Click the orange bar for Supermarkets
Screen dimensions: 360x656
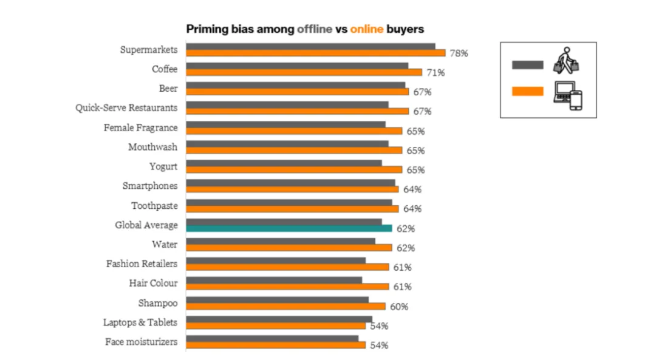[x=315, y=53]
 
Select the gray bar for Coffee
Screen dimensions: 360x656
[x=297, y=65]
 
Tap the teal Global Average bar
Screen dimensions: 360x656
[x=289, y=228]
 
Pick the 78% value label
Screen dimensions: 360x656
[x=459, y=53]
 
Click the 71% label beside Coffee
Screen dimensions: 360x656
[x=436, y=73]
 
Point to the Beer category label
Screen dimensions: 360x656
[x=168, y=89]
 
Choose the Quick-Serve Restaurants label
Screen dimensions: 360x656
[x=126, y=108]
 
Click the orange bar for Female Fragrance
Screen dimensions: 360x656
[x=294, y=131]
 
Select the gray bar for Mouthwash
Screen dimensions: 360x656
[x=287, y=143]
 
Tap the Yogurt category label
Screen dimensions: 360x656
[x=163, y=166]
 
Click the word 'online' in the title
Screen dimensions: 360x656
[x=366, y=29]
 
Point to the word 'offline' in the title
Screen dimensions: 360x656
[x=314, y=29]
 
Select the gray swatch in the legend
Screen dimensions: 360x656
[x=528, y=65]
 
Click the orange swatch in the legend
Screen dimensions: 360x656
[x=528, y=91]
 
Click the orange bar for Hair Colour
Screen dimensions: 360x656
[x=287, y=287]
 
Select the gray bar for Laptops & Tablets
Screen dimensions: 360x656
[x=279, y=319]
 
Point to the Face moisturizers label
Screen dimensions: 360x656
[x=141, y=342]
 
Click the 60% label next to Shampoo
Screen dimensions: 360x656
[x=399, y=307]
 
